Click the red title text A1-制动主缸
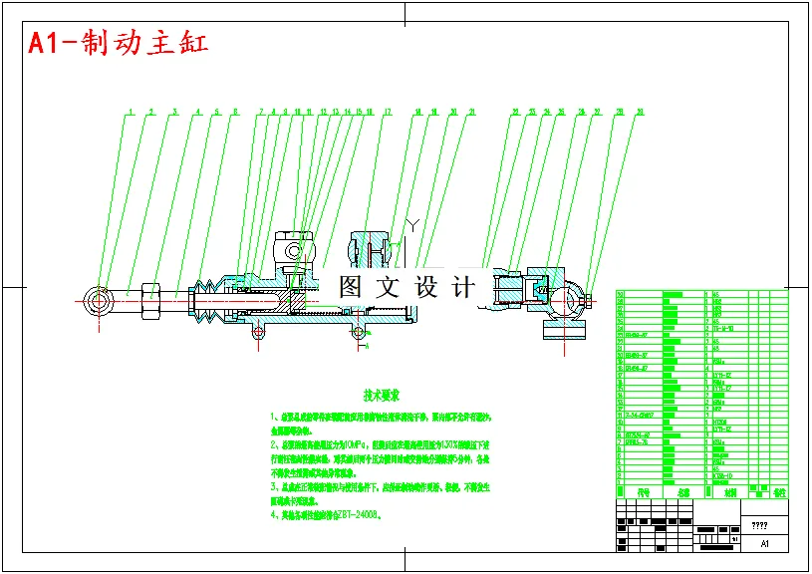pyautogui.click(x=118, y=43)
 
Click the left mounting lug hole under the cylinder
pyautogui.click(x=257, y=333)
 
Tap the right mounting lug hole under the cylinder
pyautogui.click(x=359, y=333)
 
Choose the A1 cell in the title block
pyautogui.click(x=764, y=544)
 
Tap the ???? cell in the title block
pyautogui.click(x=759, y=525)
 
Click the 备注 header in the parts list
pyautogui.click(x=779, y=491)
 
